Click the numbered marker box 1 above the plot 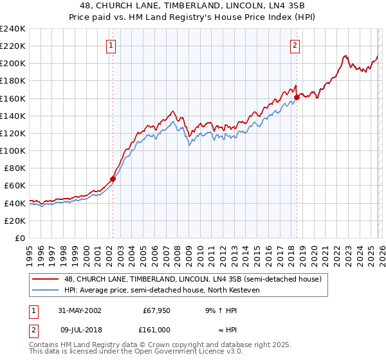point(112,45)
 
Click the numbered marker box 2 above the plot point(295,45)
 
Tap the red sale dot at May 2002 point(113,179)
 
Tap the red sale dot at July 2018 point(297,98)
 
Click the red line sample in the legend point(46,279)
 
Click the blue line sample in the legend point(46,290)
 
